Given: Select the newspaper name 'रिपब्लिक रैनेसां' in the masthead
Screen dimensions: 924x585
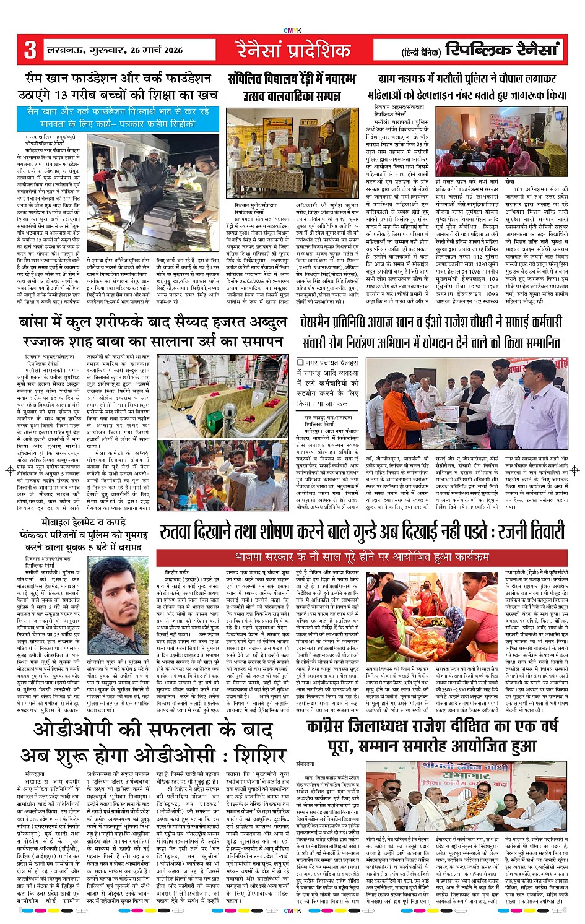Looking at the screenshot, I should (x=502, y=49).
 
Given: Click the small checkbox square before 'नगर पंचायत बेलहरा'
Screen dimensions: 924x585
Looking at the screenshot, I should (x=300, y=363).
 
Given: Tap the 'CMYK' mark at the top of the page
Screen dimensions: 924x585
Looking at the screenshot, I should (x=292, y=30).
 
